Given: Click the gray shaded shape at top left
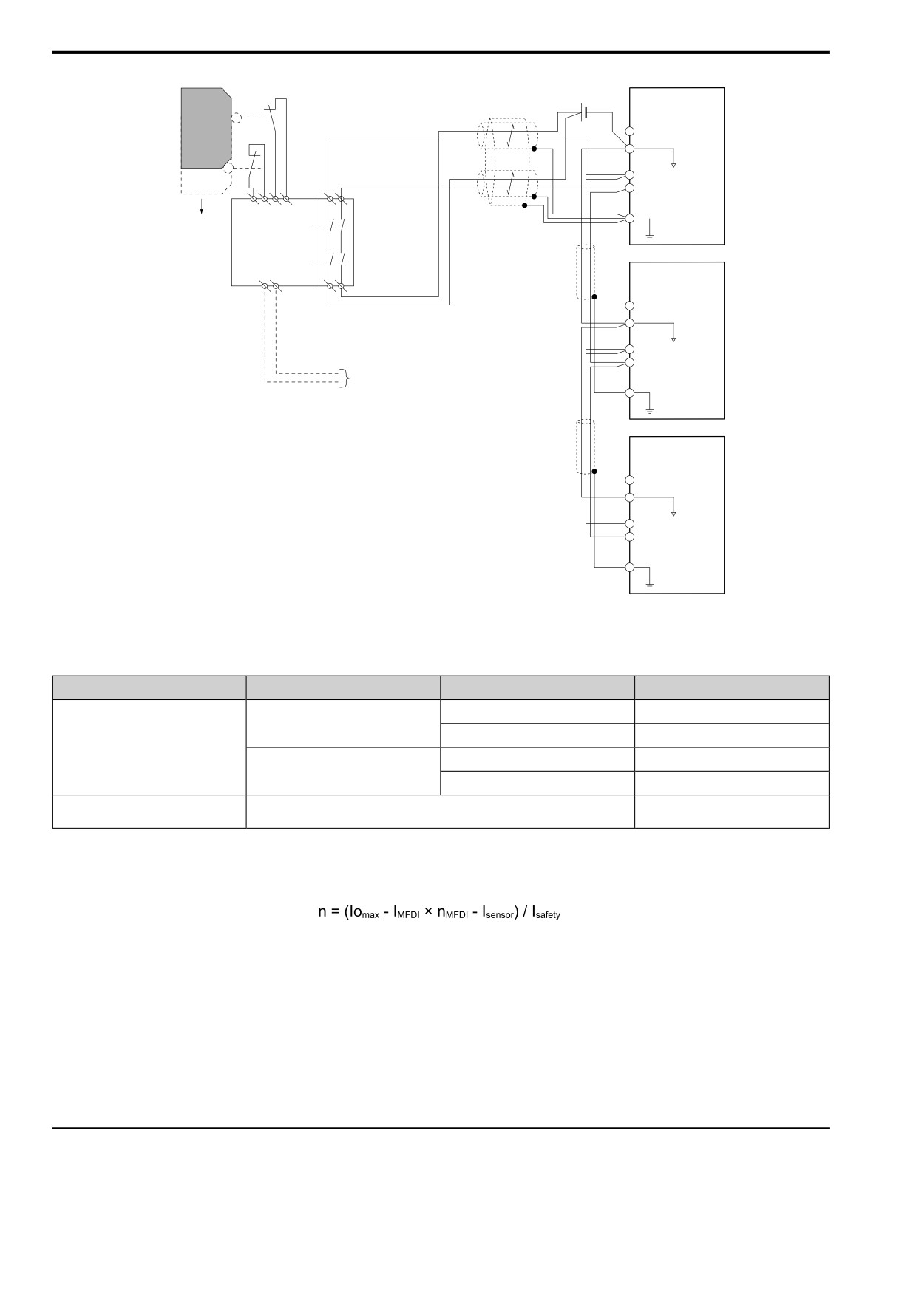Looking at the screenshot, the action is click(206, 128).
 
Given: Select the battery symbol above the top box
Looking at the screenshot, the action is click(584, 112).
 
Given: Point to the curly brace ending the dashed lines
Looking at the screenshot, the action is click(345, 378).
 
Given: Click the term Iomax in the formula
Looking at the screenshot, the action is click(362, 912).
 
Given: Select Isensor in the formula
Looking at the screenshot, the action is click(498, 913).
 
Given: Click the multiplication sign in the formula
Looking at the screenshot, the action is click(430, 912).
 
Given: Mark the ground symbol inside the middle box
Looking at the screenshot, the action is click(649, 406).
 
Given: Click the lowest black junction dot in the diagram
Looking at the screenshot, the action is click(594, 471).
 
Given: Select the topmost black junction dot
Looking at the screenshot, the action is click(533, 149).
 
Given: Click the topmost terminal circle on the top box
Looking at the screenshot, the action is click(630, 131).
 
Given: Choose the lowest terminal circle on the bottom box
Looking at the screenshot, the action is click(630, 567).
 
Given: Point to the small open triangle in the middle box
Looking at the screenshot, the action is click(674, 340).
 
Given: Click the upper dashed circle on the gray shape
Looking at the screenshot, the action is click(237, 117).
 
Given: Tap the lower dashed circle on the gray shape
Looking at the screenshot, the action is click(228, 169).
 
